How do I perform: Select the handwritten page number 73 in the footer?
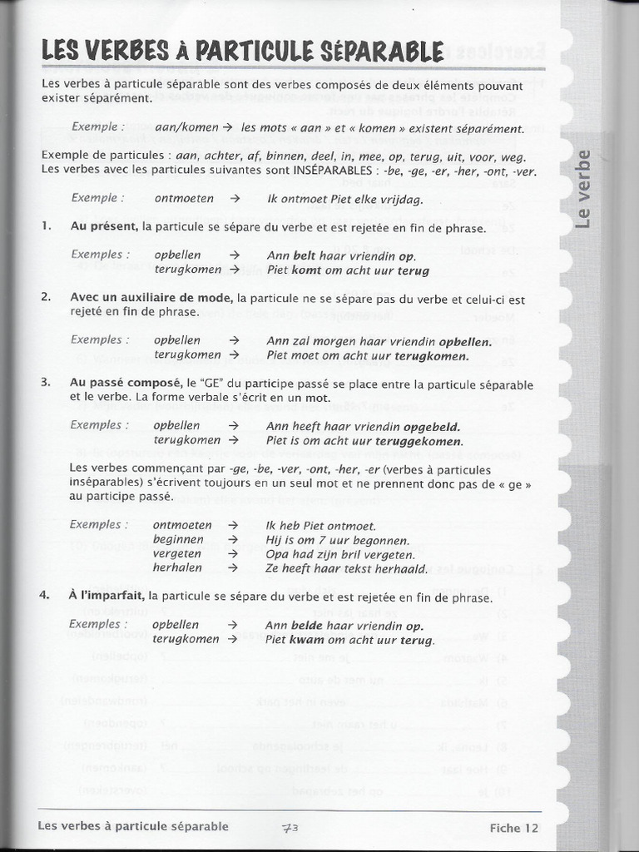click(x=290, y=827)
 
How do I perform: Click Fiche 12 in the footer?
click(x=513, y=828)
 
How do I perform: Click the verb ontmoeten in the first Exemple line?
click(x=184, y=199)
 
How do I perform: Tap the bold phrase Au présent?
click(x=105, y=227)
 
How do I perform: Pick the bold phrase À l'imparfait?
click(x=107, y=597)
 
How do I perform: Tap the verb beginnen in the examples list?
click(x=178, y=540)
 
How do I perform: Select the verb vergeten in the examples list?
click(x=177, y=554)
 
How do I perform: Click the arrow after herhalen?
click(x=233, y=569)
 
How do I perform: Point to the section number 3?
click(x=45, y=384)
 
